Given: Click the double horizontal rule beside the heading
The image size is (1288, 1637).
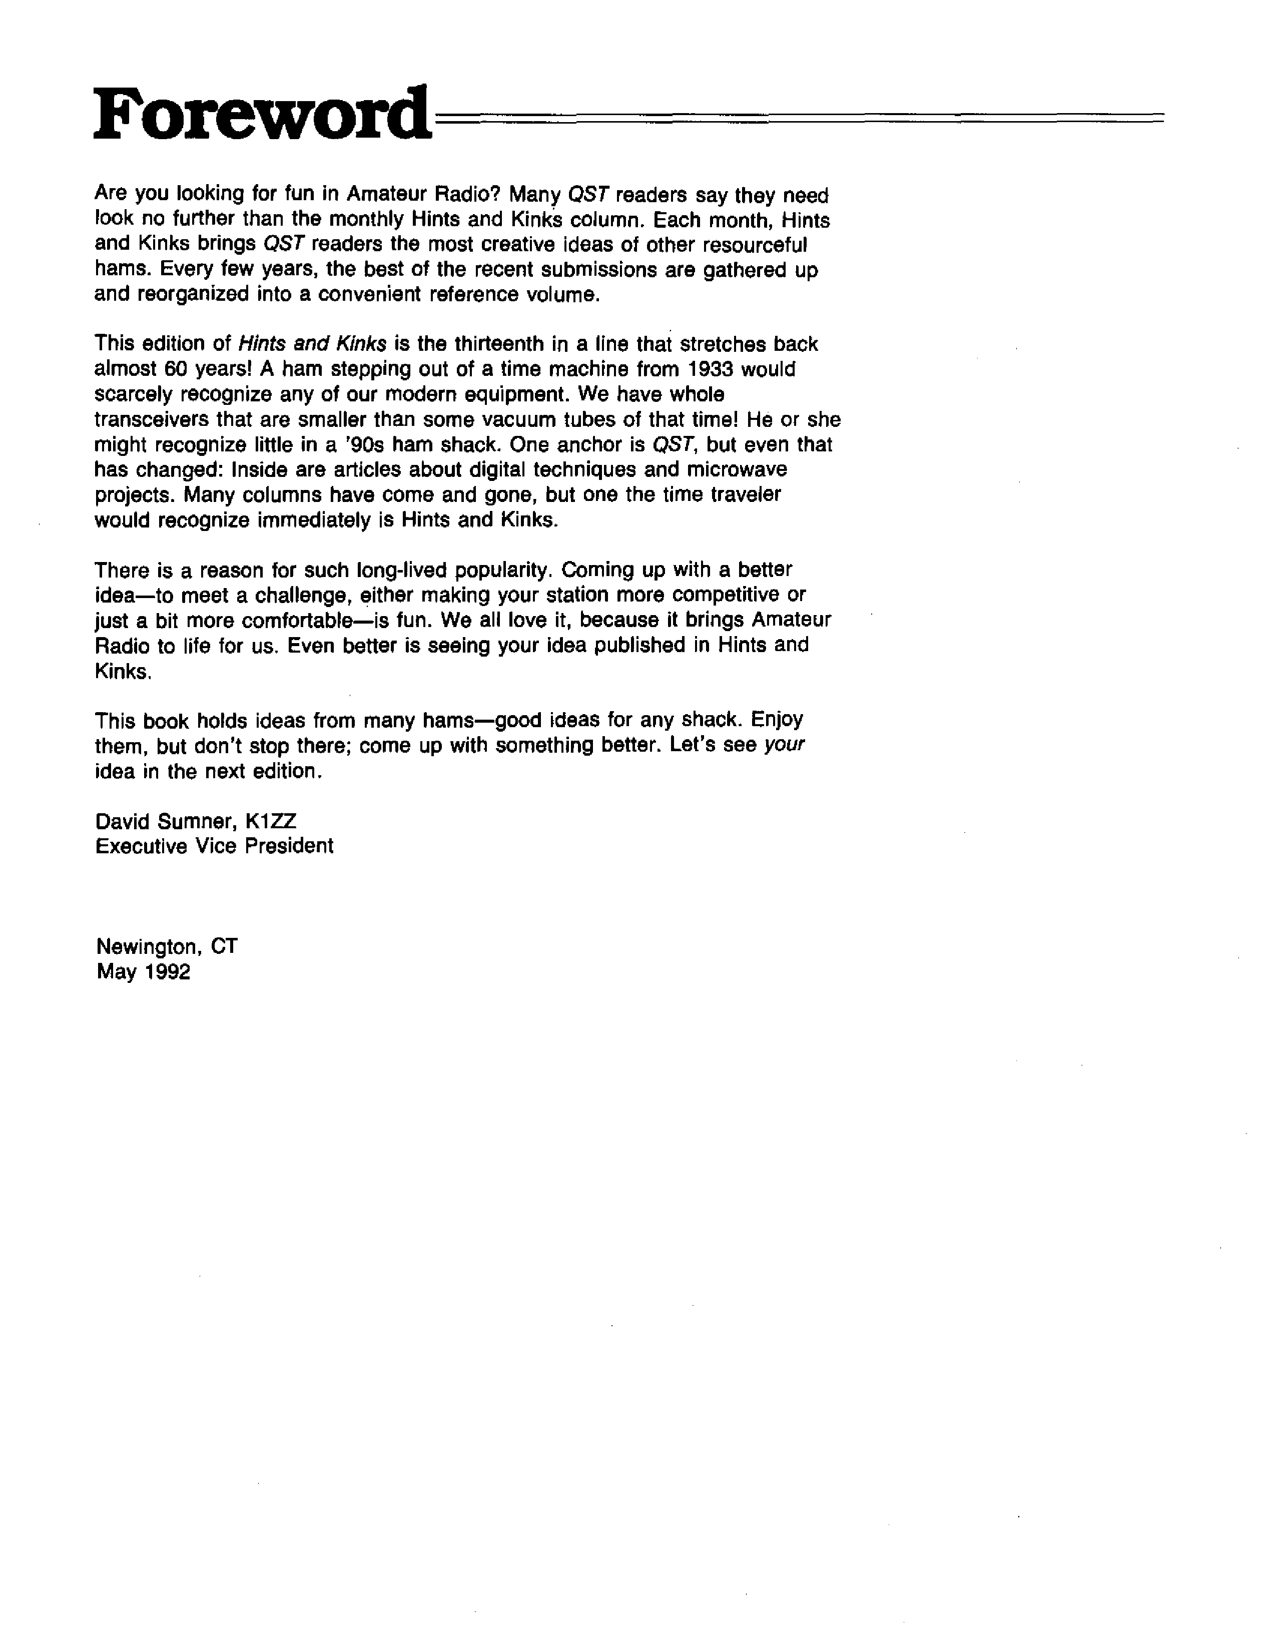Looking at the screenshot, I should [x=799, y=117].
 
